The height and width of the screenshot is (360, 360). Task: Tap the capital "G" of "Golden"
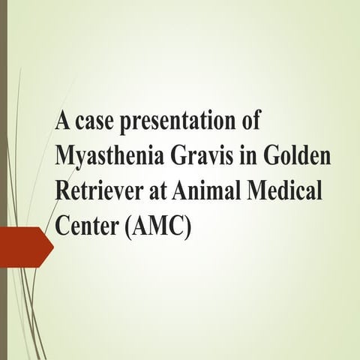(279, 154)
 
